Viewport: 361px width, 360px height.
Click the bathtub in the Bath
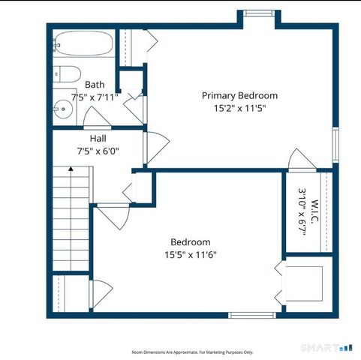pyautogui.click(x=83, y=43)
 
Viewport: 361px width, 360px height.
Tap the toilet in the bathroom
pyautogui.click(x=67, y=74)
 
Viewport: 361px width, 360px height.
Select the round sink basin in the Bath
pyautogui.click(x=63, y=109)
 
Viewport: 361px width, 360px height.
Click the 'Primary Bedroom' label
pyautogui.click(x=239, y=96)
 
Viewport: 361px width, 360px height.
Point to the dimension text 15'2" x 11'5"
pyautogui.click(x=239, y=109)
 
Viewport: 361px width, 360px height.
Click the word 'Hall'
pyautogui.click(x=98, y=139)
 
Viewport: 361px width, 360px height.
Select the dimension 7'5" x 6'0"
pyautogui.click(x=98, y=151)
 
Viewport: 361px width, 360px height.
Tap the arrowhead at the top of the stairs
pyautogui.click(x=71, y=169)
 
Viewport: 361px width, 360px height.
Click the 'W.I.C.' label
pyautogui.click(x=314, y=211)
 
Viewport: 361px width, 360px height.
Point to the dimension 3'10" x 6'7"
pyautogui.click(x=302, y=212)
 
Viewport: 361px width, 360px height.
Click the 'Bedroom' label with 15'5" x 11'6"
pyautogui.click(x=191, y=242)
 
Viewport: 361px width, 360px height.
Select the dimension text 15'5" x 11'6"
pyautogui.click(x=191, y=255)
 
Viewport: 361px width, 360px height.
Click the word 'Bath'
pyautogui.click(x=95, y=85)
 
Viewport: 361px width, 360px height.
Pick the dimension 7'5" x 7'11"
pyautogui.click(x=95, y=97)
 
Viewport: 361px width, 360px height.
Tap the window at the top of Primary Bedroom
pyautogui.click(x=259, y=13)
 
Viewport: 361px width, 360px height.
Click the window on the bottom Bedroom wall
pyautogui.click(x=252, y=315)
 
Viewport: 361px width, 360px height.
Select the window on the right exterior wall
pyautogui.click(x=335, y=145)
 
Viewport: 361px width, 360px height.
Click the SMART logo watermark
pyautogui.click(x=326, y=348)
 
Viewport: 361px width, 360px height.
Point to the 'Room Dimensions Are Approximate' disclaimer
pyautogui.click(x=192, y=352)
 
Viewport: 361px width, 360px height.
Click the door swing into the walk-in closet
pyautogui.click(x=302, y=160)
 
